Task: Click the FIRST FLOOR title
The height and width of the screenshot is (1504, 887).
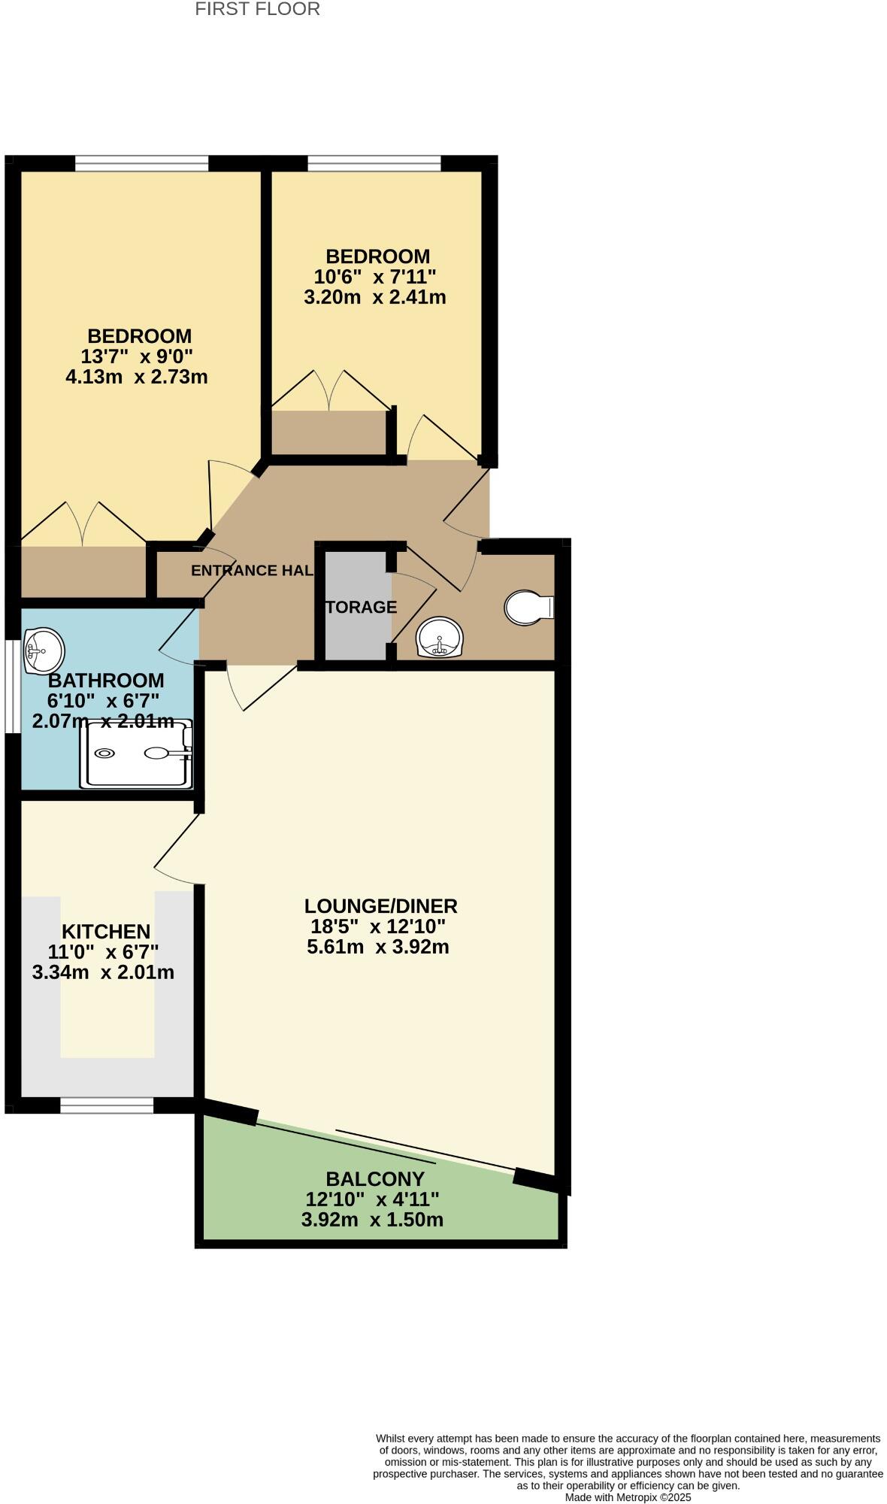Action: pyautogui.click(x=257, y=10)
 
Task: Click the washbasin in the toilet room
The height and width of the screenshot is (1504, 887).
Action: pyautogui.click(x=440, y=637)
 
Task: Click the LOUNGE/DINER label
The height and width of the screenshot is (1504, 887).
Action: pyautogui.click(x=380, y=906)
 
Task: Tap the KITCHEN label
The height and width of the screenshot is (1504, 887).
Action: pyautogui.click(x=106, y=932)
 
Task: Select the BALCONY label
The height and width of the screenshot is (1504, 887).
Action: pyautogui.click(x=374, y=1179)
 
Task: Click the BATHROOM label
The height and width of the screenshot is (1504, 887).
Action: pyautogui.click(x=106, y=681)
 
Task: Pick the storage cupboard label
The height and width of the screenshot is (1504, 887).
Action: pyautogui.click(x=361, y=607)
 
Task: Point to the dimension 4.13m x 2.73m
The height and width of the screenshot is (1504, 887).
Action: pyautogui.click(x=137, y=377)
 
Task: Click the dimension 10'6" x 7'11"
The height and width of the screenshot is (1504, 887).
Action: pyautogui.click(x=374, y=277)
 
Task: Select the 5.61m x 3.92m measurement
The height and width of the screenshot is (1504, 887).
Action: pyautogui.click(x=378, y=947)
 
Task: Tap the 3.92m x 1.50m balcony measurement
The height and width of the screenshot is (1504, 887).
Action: pyautogui.click(x=372, y=1220)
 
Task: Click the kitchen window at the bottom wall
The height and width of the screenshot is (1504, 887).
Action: pyautogui.click(x=107, y=1105)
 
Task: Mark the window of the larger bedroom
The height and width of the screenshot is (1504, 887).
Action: pyautogui.click(x=141, y=163)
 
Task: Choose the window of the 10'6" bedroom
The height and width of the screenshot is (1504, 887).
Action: pyautogui.click(x=374, y=163)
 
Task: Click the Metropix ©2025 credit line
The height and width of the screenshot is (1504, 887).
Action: pyautogui.click(x=628, y=1497)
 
